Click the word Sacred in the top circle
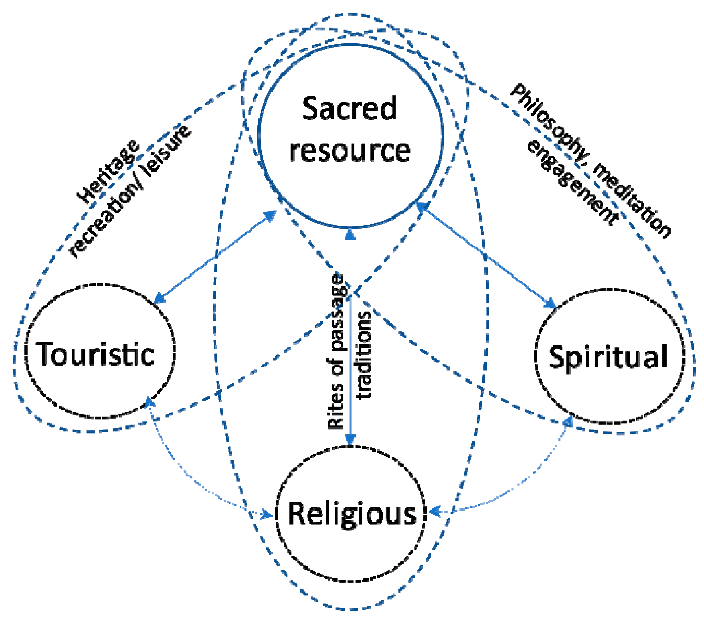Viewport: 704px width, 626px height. (x=349, y=109)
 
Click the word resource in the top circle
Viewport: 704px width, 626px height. (x=350, y=151)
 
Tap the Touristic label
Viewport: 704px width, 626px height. (x=96, y=354)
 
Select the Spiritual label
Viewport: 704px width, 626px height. (x=608, y=356)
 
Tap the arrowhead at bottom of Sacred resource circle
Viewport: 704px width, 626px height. (x=350, y=235)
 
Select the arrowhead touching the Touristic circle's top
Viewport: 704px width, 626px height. (x=159, y=299)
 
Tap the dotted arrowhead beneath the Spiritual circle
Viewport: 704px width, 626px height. (x=569, y=421)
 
